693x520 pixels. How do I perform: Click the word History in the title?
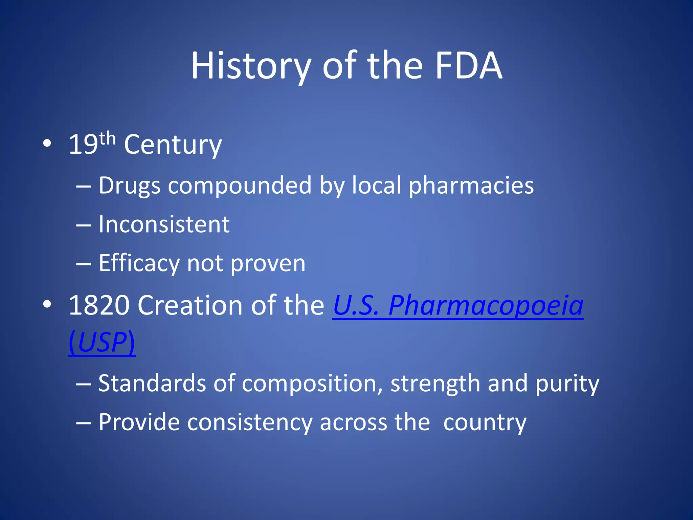pos(251,66)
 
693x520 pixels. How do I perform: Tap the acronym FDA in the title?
pos(468,66)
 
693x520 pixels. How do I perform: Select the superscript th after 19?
pos(108,139)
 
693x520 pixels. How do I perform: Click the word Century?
pos(173,145)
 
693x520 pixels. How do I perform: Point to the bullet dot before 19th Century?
pos(47,144)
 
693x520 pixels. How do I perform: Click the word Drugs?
pos(129,186)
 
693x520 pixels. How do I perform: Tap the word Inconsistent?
pos(164,224)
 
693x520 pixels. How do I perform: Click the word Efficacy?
pos(139,263)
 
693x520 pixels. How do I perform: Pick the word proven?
pos(268,263)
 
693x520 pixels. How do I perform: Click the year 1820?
pos(99,305)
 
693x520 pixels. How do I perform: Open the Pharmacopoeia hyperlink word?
pos(486,305)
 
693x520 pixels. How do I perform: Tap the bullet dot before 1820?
pos(47,304)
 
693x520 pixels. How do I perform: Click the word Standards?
pos(152,384)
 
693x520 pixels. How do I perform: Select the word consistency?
pos(250,422)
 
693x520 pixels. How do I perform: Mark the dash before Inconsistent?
pos(84,225)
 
